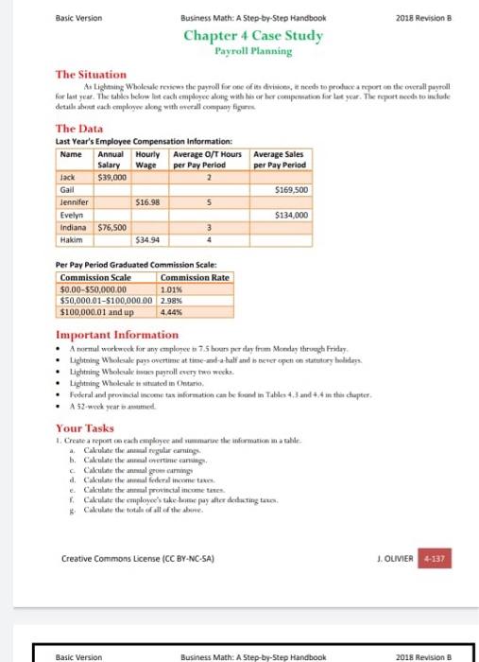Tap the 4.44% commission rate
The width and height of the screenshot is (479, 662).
172,311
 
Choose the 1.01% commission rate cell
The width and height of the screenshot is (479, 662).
172,290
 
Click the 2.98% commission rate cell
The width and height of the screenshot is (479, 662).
172,301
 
